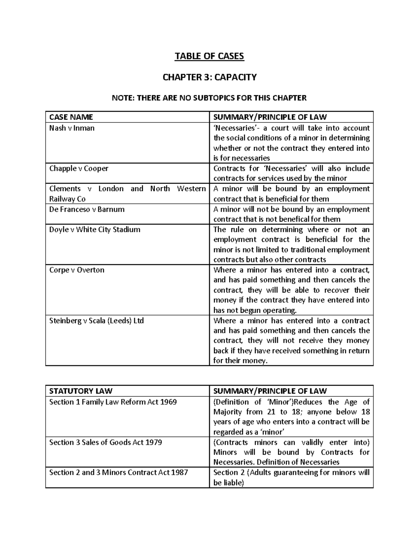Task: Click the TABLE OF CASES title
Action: coord(209,56)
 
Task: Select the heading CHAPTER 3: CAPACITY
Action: coord(209,77)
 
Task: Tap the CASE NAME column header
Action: coord(71,117)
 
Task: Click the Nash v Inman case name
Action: coord(72,128)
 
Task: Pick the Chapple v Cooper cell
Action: coord(79,169)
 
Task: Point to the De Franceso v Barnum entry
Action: coord(87,209)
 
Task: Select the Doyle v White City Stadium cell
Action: coord(95,230)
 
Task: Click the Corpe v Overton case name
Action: coord(77,270)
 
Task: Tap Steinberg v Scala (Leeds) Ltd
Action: coord(96,321)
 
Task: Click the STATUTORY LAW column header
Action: coord(81,391)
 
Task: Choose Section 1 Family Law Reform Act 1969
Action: coord(113,402)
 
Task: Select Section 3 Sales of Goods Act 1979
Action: coord(105,443)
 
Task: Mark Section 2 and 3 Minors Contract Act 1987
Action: coord(118,473)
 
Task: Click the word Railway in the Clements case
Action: coord(62,199)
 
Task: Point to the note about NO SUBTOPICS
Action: coord(209,98)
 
